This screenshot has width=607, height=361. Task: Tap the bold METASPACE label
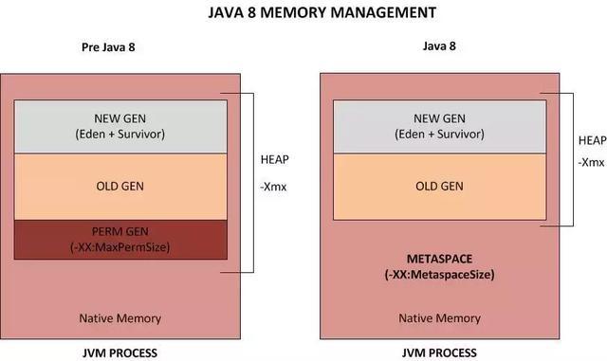(439, 259)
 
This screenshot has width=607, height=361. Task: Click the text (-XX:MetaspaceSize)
(439, 274)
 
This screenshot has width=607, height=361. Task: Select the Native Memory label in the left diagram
(120, 318)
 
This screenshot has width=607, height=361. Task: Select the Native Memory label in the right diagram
(439, 318)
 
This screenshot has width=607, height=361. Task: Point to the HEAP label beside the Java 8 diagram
(592, 140)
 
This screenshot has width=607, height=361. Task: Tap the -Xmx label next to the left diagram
(277, 188)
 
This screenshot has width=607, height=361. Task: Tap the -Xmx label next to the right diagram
(592, 162)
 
